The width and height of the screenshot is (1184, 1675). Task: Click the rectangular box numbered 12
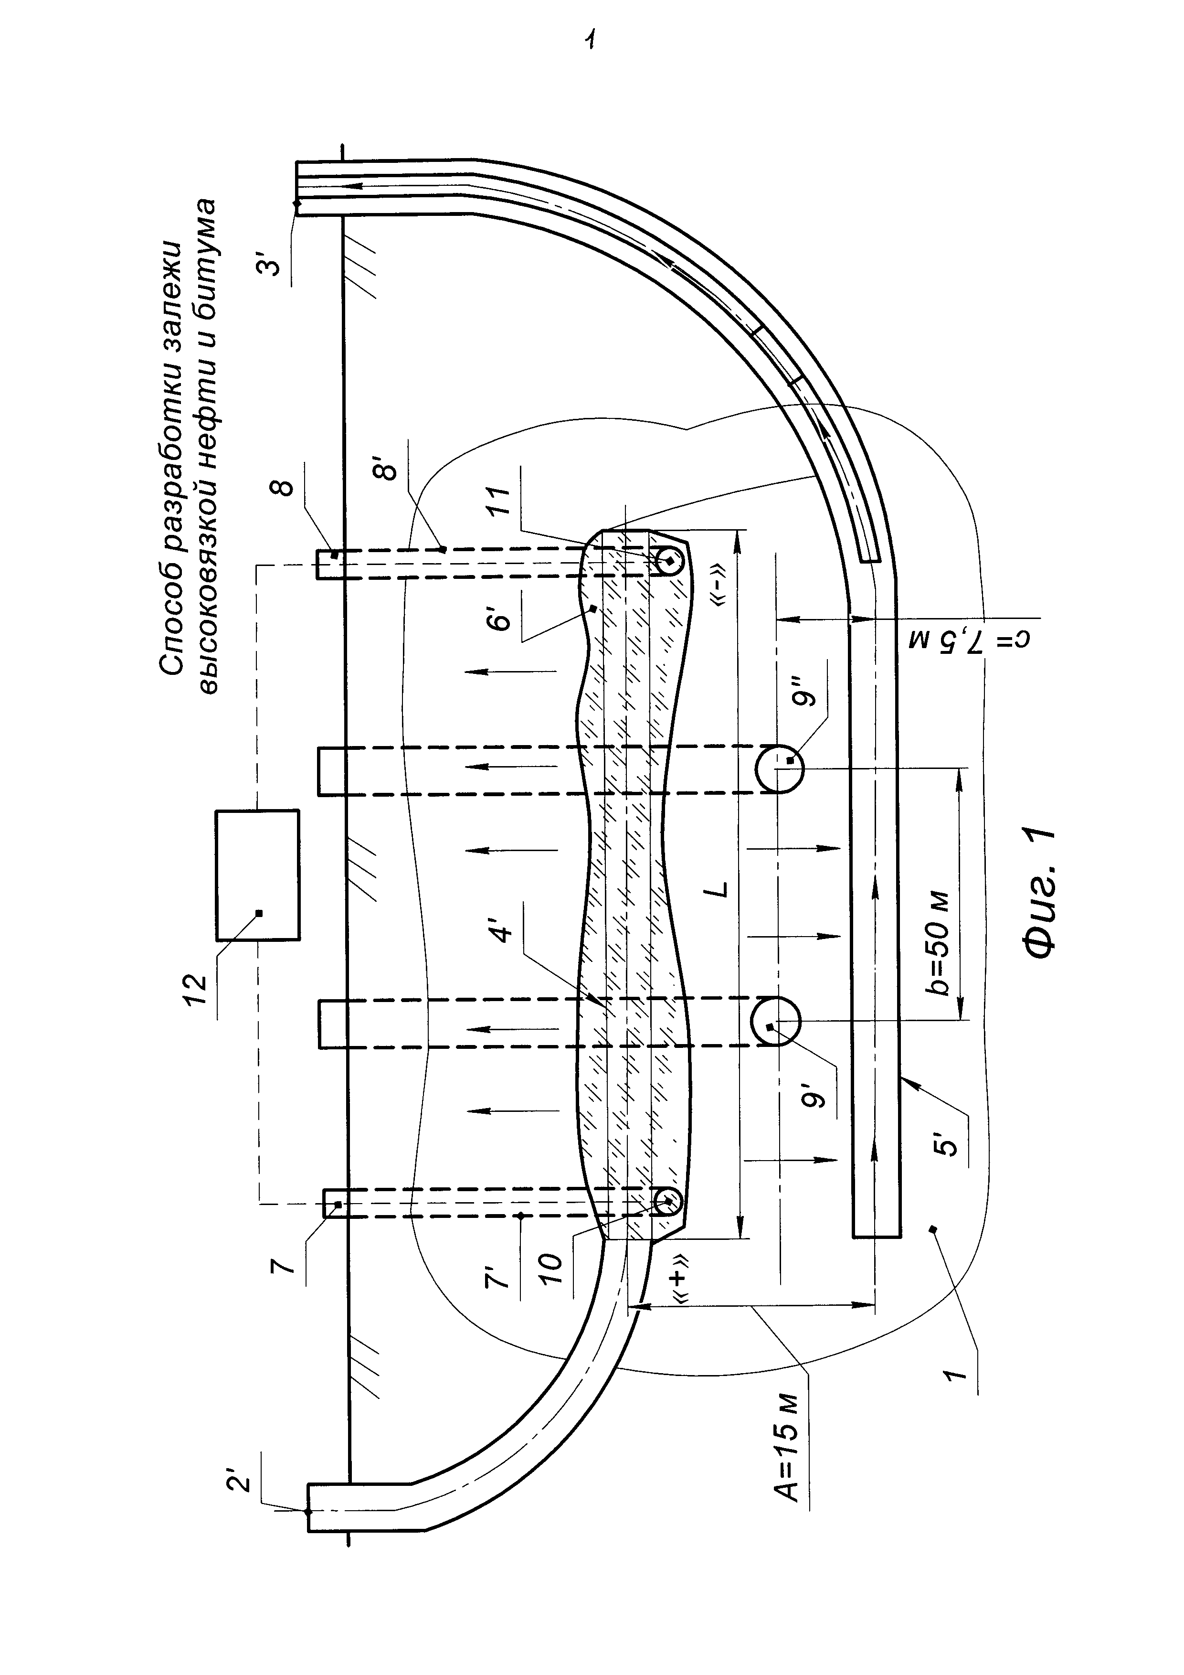click(257, 875)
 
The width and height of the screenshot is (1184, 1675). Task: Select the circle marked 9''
click(779, 769)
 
